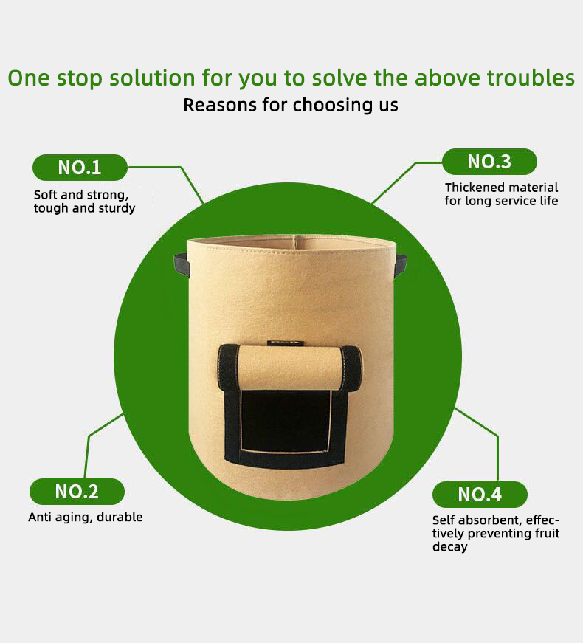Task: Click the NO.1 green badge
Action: point(80,168)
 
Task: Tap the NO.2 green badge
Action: point(77,491)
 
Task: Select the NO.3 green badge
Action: point(489,162)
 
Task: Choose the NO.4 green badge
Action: point(480,494)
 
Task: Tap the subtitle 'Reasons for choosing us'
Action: point(291,105)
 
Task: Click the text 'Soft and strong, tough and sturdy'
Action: point(84,202)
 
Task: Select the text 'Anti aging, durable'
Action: point(86,517)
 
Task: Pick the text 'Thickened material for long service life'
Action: point(501,194)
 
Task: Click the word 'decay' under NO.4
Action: point(449,547)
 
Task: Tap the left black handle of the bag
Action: point(182,265)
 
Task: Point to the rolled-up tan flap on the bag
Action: point(290,368)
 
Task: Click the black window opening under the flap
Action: point(286,419)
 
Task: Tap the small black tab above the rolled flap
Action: point(286,343)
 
